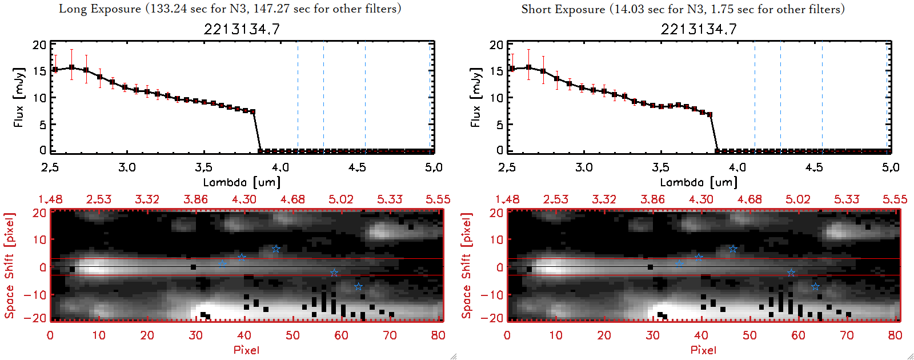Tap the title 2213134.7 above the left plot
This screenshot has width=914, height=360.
point(242,29)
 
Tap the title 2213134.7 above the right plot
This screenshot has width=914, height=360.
point(699,29)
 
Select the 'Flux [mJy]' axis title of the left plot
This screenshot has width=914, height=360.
point(19,98)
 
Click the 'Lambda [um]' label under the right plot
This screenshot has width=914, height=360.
point(699,182)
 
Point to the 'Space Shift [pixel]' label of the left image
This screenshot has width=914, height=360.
point(9,266)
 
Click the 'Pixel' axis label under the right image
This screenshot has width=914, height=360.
point(703,350)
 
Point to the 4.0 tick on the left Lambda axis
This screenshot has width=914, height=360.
point(280,167)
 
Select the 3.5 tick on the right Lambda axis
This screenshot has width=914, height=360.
point(660,167)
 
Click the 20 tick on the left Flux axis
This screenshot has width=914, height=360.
point(39,45)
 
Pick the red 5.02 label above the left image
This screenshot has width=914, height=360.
point(341,199)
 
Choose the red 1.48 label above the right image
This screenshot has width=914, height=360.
point(507,199)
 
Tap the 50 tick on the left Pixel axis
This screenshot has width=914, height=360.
point(292,335)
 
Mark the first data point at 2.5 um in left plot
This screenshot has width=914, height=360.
point(55,70)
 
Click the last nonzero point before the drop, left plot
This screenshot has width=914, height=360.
point(252,112)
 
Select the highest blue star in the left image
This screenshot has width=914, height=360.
point(276,249)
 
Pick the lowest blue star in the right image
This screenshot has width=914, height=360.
point(815,287)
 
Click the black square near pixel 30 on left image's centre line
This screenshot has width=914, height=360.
point(194,267)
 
